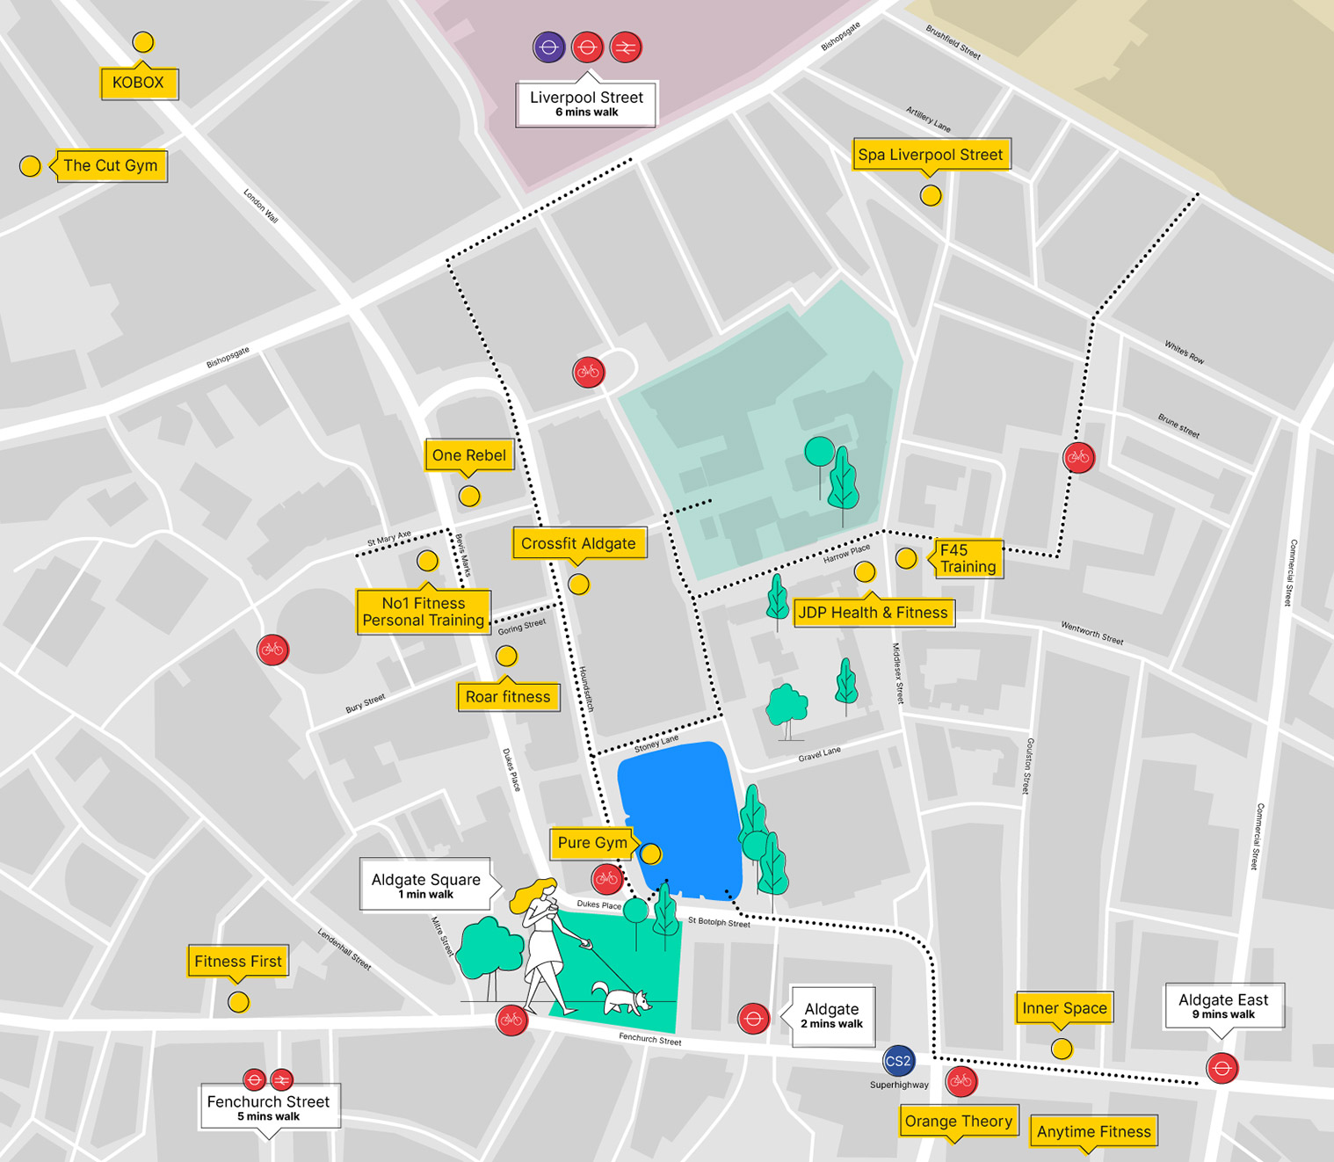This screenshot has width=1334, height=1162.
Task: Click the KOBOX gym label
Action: tap(139, 83)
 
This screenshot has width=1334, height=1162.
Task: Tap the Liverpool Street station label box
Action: tap(586, 104)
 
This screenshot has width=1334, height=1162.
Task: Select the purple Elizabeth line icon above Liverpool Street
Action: tap(549, 47)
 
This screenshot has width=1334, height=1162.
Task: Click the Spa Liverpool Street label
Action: tap(931, 155)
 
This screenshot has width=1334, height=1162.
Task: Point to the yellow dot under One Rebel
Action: tap(470, 497)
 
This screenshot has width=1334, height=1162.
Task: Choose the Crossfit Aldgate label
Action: tap(578, 543)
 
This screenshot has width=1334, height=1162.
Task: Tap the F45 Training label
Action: tap(967, 558)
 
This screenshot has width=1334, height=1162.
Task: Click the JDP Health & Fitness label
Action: tap(873, 613)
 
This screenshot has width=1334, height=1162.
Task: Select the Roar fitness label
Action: tap(508, 697)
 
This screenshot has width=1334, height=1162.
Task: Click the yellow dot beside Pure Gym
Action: tap(650, 853)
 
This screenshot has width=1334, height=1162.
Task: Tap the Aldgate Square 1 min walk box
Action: tap(425, 884)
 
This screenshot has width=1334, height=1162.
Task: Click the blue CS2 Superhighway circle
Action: tap(898, 1061)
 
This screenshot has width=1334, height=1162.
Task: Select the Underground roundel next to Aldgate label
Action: tap(753, 1019)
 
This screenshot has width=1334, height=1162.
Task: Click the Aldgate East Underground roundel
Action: tap(1222, 1068)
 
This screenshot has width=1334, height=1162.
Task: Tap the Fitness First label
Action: tap(238, 962)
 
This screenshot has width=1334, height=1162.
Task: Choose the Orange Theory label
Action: tap(959, 1121)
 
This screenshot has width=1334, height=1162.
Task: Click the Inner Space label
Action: tap(1064, 1008)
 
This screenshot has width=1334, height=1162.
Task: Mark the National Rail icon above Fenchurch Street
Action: tap(281, 1078)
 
